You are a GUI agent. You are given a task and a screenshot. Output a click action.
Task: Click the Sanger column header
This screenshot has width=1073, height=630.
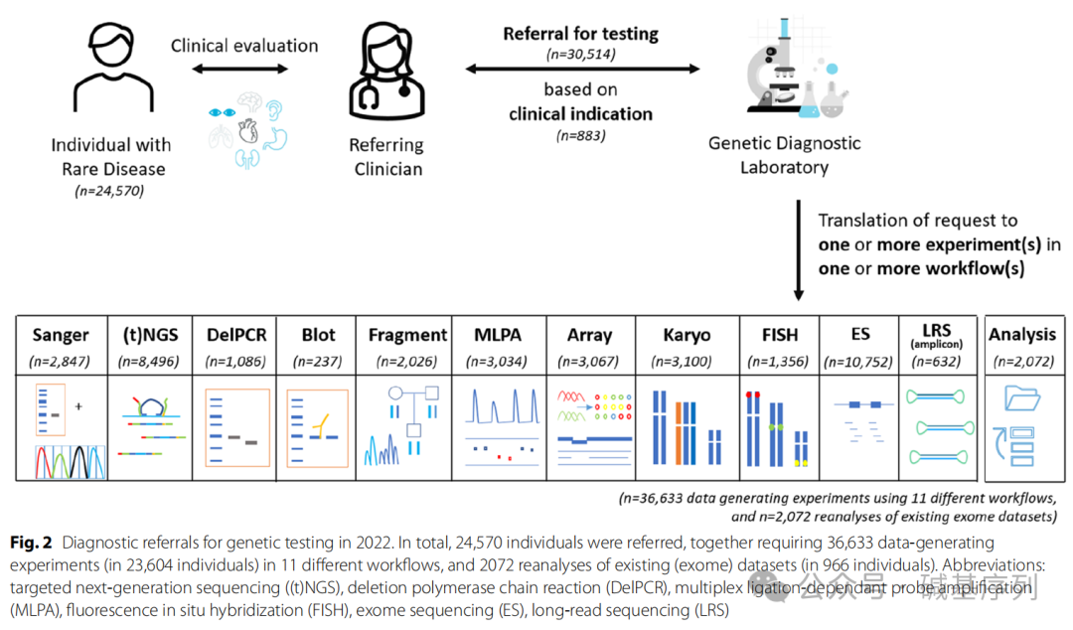point(61,335)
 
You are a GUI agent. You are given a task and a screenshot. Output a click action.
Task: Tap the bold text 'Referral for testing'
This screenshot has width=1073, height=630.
point(580,34)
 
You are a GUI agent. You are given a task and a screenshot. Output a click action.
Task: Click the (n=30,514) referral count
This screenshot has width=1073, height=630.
point(580,53)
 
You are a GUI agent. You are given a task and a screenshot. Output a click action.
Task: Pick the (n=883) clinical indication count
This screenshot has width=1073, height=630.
point(580,134)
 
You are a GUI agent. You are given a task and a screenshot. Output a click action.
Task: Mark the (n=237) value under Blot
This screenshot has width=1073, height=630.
point(318,360)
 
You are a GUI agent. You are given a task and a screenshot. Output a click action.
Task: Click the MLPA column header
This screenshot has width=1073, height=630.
point(498,335)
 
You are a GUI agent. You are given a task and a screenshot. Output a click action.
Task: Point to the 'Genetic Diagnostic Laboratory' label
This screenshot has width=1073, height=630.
point(783,155)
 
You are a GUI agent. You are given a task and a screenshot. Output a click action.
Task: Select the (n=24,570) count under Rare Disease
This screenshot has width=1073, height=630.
point(110,190)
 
